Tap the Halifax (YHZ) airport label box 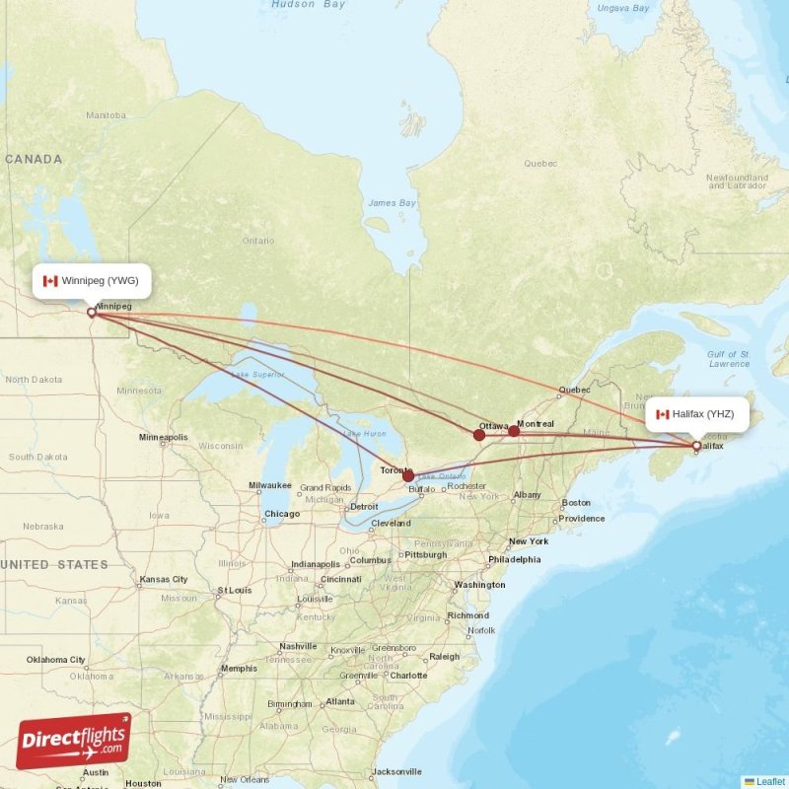tap(697, 414)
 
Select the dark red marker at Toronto tap(408, 475)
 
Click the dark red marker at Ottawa tap(479, 435)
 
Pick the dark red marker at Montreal tap(514, 431)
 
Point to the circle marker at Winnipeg tap(92, 312)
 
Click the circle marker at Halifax tap(697, 446)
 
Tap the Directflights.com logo tap(74, 740)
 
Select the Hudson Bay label tap(309, 5)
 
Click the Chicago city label tap(282, 514)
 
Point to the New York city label tap(529, 541)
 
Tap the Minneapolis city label tap(163, 437)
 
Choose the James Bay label tap(391, 203)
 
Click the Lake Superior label tap(257, 375)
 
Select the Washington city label tap(479, 585)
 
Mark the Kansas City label tap(165, 579)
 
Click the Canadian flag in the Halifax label tap(663, 414)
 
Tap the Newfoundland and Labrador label tap(737, 181)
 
